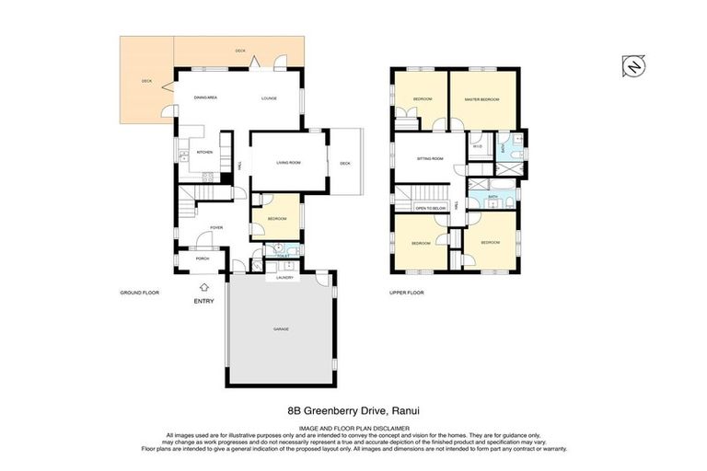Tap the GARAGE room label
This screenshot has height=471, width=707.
280,328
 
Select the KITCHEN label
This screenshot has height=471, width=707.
204,152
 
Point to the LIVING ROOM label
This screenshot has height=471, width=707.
288,163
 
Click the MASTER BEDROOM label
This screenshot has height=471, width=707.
481,98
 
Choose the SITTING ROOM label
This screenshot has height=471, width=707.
430,158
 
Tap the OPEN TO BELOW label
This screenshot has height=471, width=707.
430,209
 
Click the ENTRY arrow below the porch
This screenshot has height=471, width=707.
204,287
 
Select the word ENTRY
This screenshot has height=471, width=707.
204,301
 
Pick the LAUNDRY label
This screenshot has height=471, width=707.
284,276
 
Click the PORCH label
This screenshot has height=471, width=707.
202,258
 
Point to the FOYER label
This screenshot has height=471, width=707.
216,227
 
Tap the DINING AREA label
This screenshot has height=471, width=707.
204,97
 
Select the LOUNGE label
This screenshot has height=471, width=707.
270,97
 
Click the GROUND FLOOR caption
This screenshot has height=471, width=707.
140,293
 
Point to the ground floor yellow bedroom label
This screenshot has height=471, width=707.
277,218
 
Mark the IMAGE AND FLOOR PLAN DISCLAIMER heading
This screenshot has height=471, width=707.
353,428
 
